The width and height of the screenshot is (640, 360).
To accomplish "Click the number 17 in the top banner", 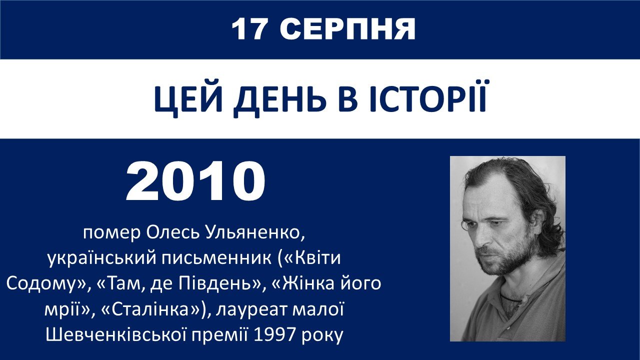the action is pyautogui.click(x=249, y=29).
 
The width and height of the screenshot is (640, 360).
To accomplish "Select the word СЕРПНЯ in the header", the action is pyautogui.click(x=347, y=29).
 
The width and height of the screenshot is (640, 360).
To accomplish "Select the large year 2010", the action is pyautogui.click(x=195, y=181).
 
